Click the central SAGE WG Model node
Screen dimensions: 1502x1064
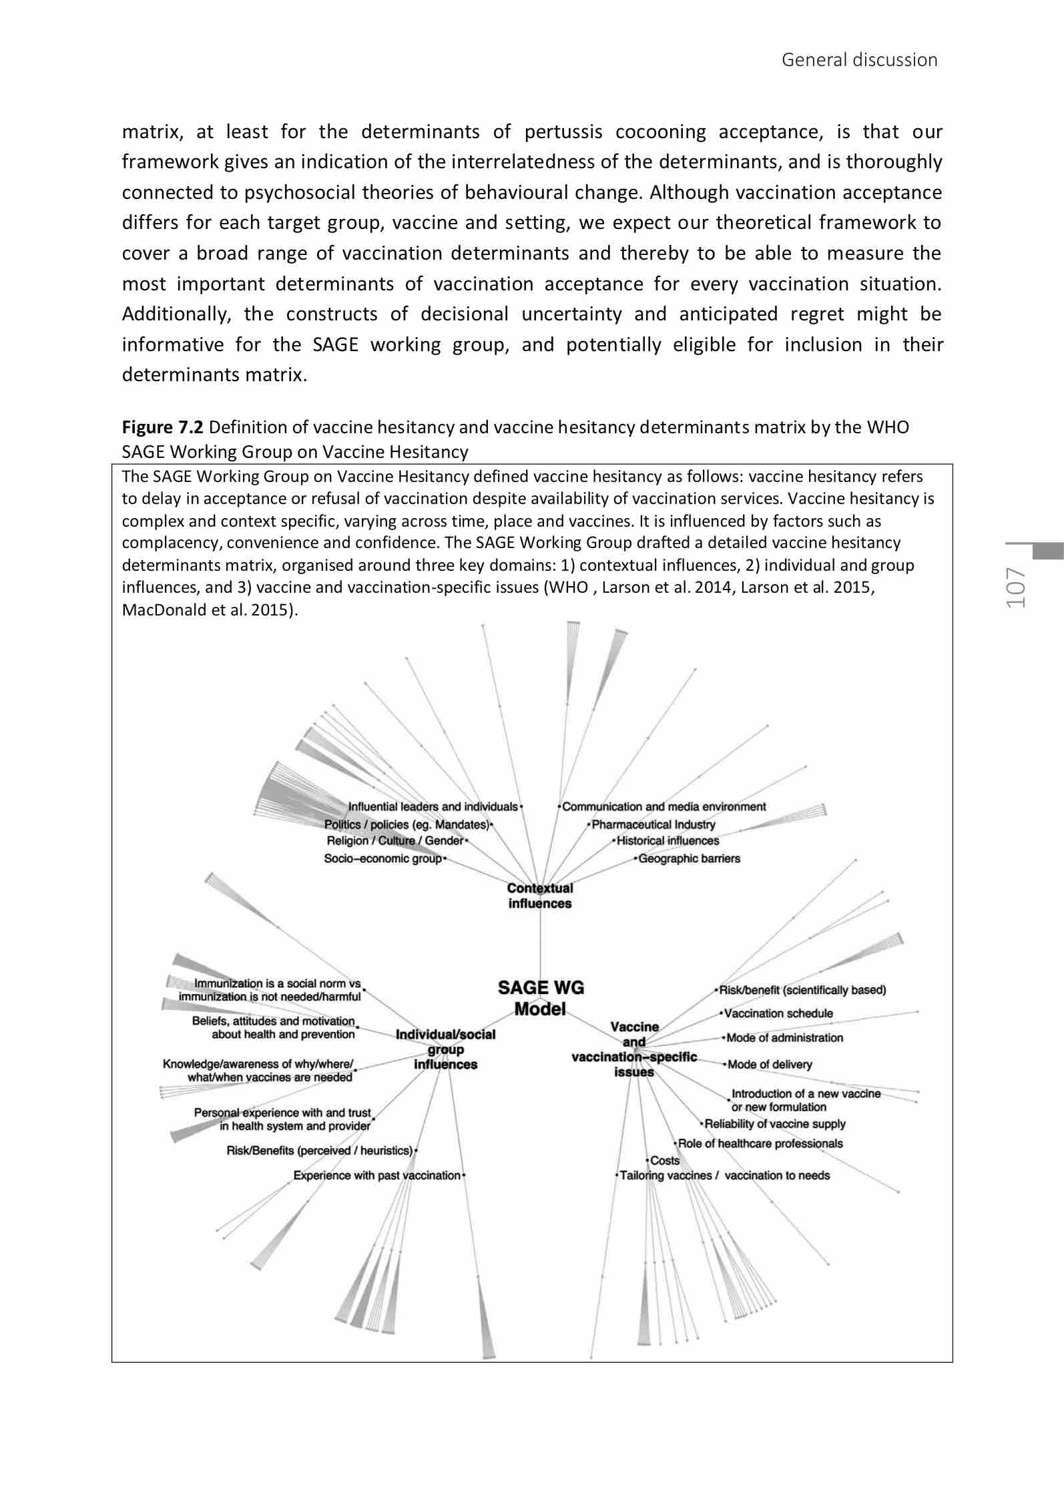point(541,998)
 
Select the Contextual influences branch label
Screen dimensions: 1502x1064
point(540,896)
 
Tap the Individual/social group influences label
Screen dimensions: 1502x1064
point(445,1049)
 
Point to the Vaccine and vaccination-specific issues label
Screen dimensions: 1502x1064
point(634,1049)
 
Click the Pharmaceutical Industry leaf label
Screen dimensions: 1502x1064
point(653,824)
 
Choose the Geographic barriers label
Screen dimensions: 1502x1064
point(689,858)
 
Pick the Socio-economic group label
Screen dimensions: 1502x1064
point(383,858)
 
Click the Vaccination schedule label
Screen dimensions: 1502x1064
point(778,1013)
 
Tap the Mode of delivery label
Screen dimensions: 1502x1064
point(770,1064)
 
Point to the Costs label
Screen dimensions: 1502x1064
point(664,1161)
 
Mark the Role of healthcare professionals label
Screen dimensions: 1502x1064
point(760,1144)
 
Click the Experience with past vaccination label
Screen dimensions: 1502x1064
point(377,1176)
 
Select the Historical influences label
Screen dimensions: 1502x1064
point(668,841)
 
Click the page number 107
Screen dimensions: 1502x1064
point(1017,588)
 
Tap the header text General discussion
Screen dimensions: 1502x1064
point(859,60)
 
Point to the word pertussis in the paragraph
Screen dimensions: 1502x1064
point(563,132)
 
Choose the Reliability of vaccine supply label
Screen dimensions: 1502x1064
point(774,1124)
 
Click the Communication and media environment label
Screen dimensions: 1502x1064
point(664,807)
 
